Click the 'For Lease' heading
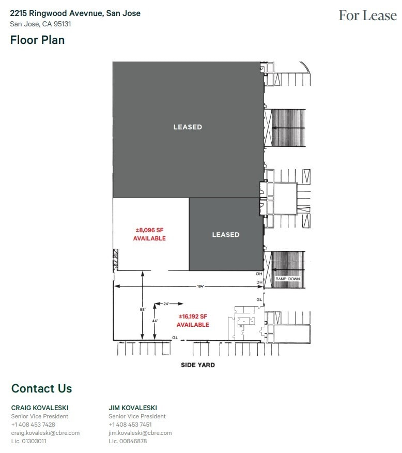(x=367, y=16)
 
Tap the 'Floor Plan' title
(x=37, y=40)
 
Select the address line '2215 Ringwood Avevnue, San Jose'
(x=75, y=13)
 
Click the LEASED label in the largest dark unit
(x=188, y=127)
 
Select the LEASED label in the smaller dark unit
(x=226, y=235)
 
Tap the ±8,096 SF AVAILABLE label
(x=149, y=235)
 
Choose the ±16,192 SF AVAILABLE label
(x=193, y=321)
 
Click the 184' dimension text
(x=200, y=286)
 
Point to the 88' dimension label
(x=142, y=309)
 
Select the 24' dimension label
(x=166, y=304)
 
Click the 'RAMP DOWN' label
(x=287, y=279)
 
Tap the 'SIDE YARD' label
(x=197, y=365)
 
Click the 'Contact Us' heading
(x=41, y=388)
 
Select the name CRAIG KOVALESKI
(x=40, y=407)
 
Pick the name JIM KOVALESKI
(x=133, y=407)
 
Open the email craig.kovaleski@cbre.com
(x=45, y=433)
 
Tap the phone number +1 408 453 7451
(x=130, y=425)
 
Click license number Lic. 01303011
(x=29, y=441)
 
